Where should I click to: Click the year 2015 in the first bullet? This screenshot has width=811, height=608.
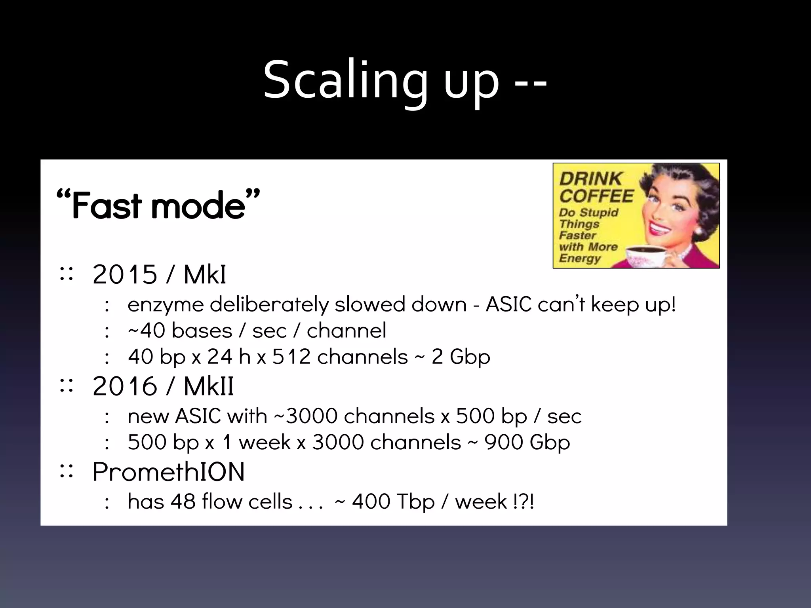pyautogui.click(x=125, y=274)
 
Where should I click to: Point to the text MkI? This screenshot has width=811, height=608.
pyautogui.click(x=205, y=274)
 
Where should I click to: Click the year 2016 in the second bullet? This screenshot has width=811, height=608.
pyautogui.click(x=125, y=386)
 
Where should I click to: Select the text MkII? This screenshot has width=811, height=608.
pyautogui.click(x=209, y=386)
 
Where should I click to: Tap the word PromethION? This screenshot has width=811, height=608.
pyautogui.click(x=169, y=471)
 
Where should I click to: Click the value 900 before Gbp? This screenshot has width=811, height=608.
pyautogui.click(x=503, y=442)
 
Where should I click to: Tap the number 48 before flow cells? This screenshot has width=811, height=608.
pyautogui.click(x=183, y=502)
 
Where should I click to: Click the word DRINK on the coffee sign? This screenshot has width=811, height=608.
pyautogui.click(x=590, y=179)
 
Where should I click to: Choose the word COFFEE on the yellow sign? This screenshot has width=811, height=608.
pyautogui.click(x=596, y=196)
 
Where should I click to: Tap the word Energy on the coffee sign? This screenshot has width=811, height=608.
pyautogui.click(x=580, y=258)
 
